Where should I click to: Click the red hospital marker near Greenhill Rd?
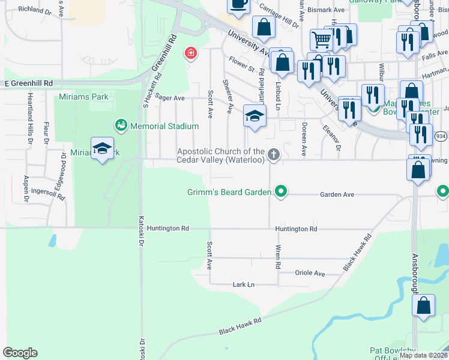[191, 53]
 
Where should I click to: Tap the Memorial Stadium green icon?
[121, 125]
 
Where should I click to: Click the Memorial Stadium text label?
[164, 126]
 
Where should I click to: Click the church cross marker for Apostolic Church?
[274, 155]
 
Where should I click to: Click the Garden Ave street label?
[337, 194]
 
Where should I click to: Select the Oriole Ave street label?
[310, 273]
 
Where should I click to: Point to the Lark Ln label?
[243, 284]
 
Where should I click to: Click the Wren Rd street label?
[278, 256]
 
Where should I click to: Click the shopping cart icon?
[321, 40]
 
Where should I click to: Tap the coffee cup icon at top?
[238, 4]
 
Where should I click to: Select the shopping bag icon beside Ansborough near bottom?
[423, 305]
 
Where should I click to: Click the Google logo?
[20, 353]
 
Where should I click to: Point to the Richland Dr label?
[35, 10]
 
